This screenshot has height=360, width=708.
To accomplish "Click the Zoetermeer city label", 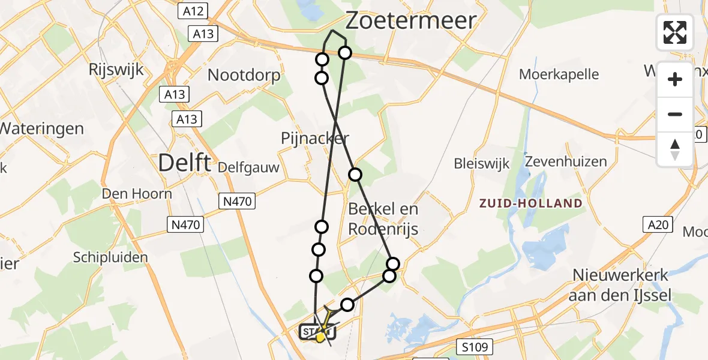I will (411, 21).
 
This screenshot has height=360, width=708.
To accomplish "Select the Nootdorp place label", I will (244, 76).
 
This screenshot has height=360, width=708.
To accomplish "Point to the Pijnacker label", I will (315, 139).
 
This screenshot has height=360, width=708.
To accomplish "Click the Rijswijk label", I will (116, 69).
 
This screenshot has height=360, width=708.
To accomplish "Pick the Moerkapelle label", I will (559, 74).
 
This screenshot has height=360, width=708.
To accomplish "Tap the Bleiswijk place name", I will (482, 163).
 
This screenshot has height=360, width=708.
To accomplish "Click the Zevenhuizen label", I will (566, 161).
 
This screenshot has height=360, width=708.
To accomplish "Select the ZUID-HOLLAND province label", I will (531, 203).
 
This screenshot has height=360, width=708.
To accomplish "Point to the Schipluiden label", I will (110, 257).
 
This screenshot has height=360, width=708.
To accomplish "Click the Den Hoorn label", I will (137, 193).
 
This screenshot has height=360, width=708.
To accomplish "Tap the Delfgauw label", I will (249, 167).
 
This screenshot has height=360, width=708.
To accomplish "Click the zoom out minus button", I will (675, 114).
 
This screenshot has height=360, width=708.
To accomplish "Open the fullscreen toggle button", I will (675, 32).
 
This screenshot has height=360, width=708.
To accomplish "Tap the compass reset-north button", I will (675, 149).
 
